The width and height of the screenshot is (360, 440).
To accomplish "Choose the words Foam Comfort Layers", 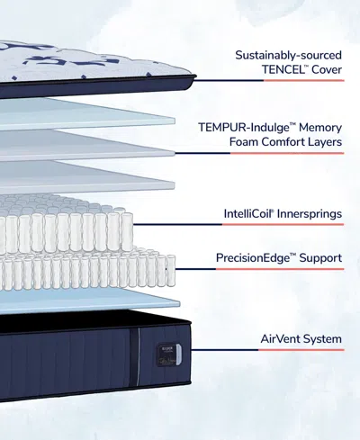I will click(x=285, y=141).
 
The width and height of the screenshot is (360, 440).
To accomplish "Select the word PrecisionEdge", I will click(x=255, y=258).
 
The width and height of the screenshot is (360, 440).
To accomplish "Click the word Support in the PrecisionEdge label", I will click(x=319, y=258).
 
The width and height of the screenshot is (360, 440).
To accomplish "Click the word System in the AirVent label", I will click(x=321, y=339).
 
